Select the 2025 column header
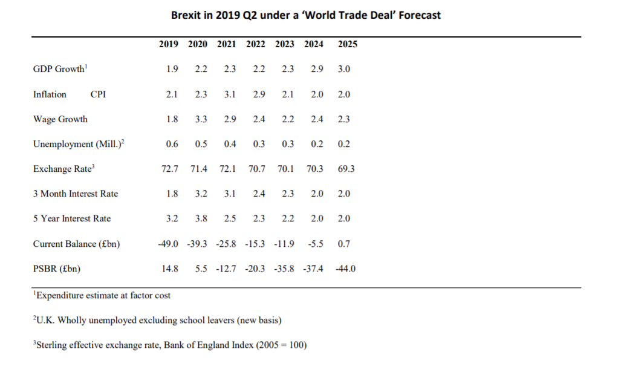tap(347, 44)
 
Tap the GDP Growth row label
tap(59, 69)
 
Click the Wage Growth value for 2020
tap(201, 119)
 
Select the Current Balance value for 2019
tap(168, 243)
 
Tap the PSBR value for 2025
tap(345, 268)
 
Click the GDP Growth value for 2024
tap(317, 69)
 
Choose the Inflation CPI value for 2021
tap(230, 94)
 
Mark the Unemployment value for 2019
tap(172, 144)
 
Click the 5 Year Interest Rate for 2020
tap(201, 218)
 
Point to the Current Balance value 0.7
tap(344, 243)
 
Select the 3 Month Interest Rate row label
tap(76, 194)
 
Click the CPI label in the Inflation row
tap(98, 94)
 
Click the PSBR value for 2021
tap(226, 268)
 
